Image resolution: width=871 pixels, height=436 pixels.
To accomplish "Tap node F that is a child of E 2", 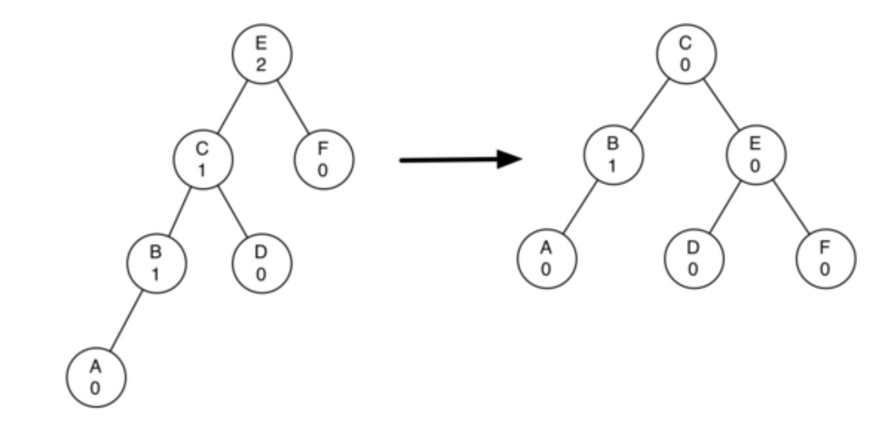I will click(323, 159).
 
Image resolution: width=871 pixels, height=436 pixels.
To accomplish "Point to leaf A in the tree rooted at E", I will click(95, 378).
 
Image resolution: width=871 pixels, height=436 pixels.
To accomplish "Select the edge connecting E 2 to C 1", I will click(232, 107).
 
